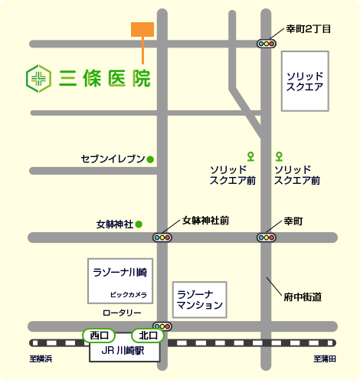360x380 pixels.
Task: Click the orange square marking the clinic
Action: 142,29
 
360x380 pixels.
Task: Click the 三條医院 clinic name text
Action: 103,77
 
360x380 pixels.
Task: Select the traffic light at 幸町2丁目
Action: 266,44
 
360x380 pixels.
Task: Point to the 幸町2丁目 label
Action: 309,29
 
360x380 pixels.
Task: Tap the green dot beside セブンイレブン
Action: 150,159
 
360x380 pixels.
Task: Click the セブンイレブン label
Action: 113,159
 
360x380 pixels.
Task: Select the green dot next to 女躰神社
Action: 139,224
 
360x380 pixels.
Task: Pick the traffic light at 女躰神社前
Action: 162,237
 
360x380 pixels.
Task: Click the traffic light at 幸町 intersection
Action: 266,237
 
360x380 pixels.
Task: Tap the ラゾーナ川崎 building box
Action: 119,280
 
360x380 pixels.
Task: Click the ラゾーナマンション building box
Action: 200,299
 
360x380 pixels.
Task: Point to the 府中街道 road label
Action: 302,296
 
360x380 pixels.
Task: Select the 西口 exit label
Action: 99,335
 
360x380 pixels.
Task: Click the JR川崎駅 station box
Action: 125,352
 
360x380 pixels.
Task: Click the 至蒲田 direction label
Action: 325,359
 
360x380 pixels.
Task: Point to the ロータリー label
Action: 123,313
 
